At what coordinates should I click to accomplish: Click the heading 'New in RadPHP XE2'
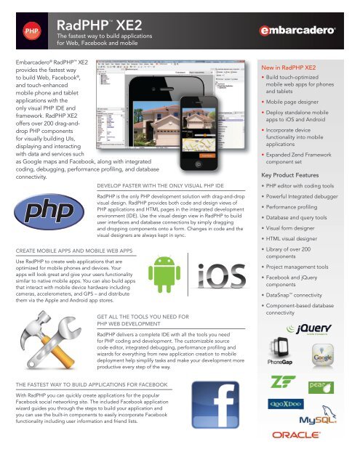pos(294,66)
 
